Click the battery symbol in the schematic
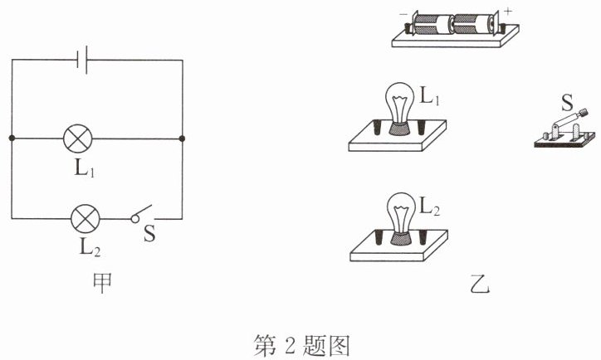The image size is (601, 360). pyautogui.click(x=82, y=60)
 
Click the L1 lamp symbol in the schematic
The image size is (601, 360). pyautogui.click(x=78, y=139)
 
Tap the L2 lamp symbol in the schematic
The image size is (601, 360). pyautogui.click(x=86, y=219)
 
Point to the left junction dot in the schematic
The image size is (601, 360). pyautogui.click(x=12, y=138)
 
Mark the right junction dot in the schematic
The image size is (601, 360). pyautogui.click(x=182, y=139)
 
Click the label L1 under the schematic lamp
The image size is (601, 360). pyautogui.click(x=85, y=168)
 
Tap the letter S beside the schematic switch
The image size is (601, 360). pyautogui.click(x=149, y=233)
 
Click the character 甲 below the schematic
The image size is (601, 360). pyautogui.click(x=102, y=283)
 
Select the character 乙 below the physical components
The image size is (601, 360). pyautogui.click(x=480, y=285)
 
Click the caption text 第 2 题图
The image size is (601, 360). pyautogui.click(x=302, y=346)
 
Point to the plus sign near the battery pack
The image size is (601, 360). pyautogui.click(x=508, y=12)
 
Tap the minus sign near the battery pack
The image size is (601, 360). pyautogui.click(x=403, y=14)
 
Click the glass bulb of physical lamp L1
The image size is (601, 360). pyautogui.click(x=400, y=103)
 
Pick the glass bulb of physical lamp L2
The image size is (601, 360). pyautogui.click(x=401, y=213)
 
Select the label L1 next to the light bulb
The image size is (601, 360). pyautogui.click(x=430, y=95)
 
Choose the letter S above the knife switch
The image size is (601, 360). pyautogui.click(x=567, y=102)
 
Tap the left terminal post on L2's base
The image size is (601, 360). pyautogui.click(x=379, y=237)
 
